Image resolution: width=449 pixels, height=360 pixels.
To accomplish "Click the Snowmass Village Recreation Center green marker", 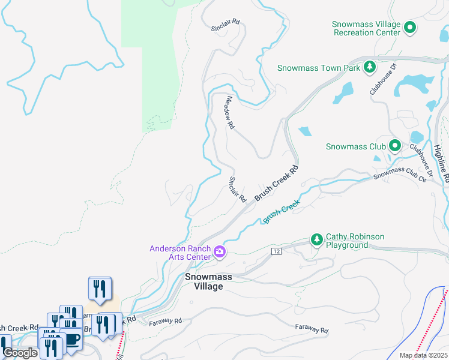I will coord(411,26).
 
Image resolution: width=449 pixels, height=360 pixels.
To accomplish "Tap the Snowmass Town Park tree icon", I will coord(370,67).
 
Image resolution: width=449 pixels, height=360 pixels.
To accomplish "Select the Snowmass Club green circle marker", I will coord(394,146).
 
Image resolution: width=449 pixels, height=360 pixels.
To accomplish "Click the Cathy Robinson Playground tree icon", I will coord(317,240).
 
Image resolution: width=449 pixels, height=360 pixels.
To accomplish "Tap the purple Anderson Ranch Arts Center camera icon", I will coord(219,252).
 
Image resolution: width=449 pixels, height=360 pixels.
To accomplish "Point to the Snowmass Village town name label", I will coord(204,281).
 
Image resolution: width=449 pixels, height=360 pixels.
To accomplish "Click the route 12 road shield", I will coord(276,250).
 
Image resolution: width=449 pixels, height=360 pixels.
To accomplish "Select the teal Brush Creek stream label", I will coord(281,212).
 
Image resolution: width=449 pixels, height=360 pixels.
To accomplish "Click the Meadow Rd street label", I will coord(229,113).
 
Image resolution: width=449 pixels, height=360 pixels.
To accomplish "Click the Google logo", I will coord(20,353).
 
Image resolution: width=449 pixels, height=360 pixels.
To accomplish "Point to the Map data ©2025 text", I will coord(423,355).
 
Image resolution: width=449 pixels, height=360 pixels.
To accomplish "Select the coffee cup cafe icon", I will coord(73,339).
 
